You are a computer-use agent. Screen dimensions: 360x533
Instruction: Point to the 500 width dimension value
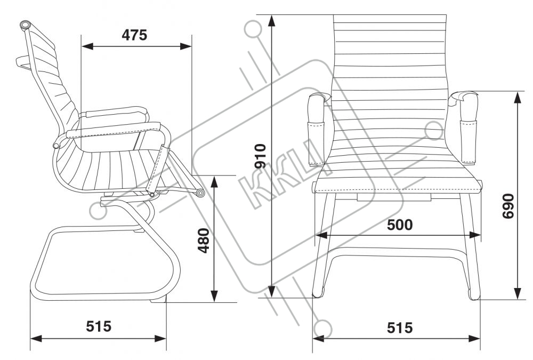click(x=399, y=225)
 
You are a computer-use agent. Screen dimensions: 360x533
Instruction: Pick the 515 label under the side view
click(x=99, y=326)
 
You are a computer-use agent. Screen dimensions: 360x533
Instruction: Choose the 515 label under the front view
click(x=399, y=327)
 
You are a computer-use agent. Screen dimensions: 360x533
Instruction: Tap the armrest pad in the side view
click(x=115, y=113)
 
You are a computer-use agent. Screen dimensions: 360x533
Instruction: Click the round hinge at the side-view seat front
click(x=200, y=193)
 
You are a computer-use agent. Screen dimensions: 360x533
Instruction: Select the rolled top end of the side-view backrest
click(x=25, y=25)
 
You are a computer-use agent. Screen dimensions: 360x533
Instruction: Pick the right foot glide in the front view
click(x=474, y=294)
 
